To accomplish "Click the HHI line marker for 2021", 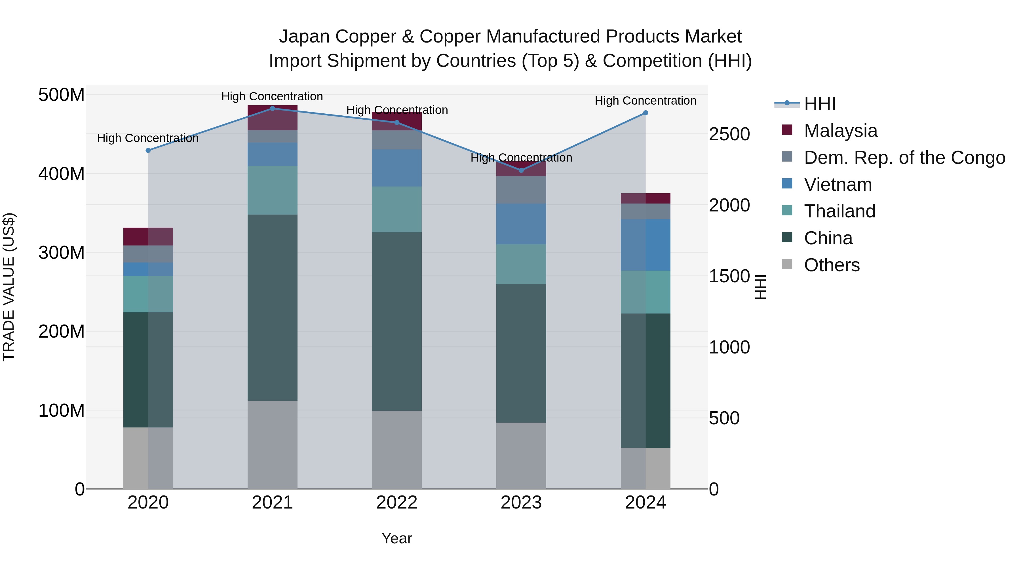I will (x=272, y=108).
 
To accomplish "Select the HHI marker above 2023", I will (x=521, y=170).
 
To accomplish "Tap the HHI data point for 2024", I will (x=645, y=113).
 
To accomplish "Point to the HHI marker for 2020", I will (x=148, y=151).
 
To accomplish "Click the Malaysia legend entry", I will (x=840, y=131).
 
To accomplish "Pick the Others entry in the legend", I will (x=832, y=265).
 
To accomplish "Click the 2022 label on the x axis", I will (x=397, y=503).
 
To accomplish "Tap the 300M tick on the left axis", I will (x=62, y=252).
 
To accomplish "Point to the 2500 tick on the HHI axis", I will (x=729, y=134).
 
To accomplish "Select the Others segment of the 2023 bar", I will (x=521, y=455).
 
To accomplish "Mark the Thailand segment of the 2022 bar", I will (x=397, y=209).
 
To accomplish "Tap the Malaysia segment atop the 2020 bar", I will (x=148, y=236).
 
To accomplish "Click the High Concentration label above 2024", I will (x=645, y=101).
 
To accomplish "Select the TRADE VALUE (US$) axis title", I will (x=9, y=287).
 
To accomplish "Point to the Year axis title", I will (x=397, y=538).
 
